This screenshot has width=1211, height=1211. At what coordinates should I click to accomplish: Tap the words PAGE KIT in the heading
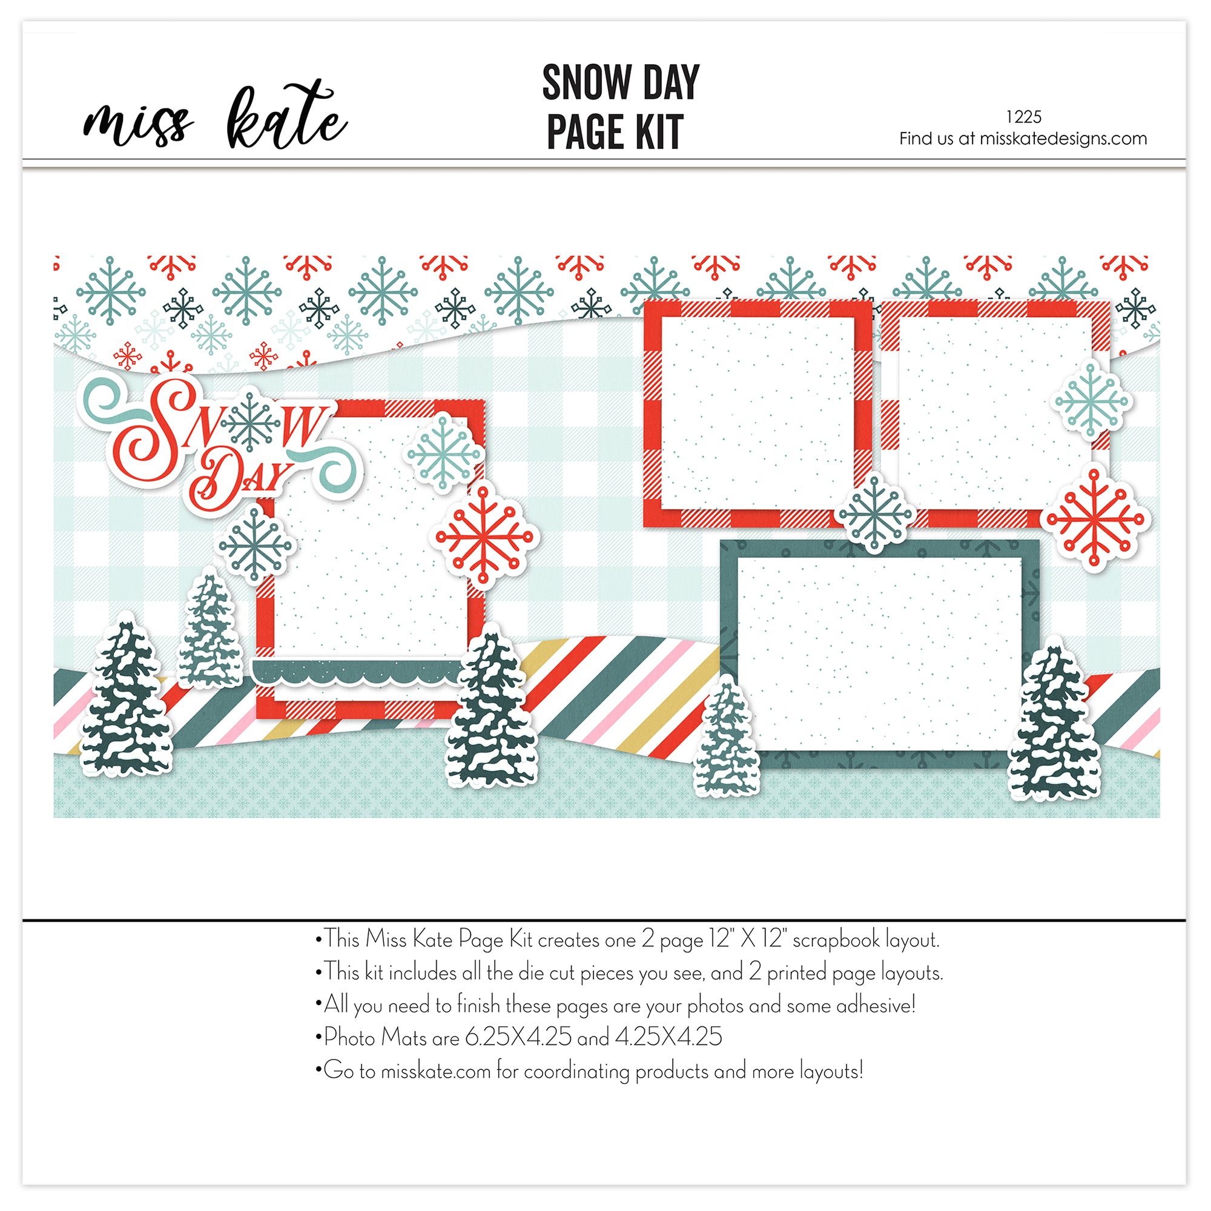(x=614, y=131)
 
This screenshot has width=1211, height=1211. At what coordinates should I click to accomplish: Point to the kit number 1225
(x=1023, y=117)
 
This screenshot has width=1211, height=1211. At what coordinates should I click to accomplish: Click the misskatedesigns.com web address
(x=1063, y=139)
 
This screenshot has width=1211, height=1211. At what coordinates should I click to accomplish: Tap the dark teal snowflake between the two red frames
(x=875, y=514)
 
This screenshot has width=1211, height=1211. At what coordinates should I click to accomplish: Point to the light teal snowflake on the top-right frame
(x=1091, y=399)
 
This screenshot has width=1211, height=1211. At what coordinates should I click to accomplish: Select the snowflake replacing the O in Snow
(x=251, y=421)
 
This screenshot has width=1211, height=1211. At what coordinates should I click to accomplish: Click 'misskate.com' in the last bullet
(x=435, y=1071)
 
